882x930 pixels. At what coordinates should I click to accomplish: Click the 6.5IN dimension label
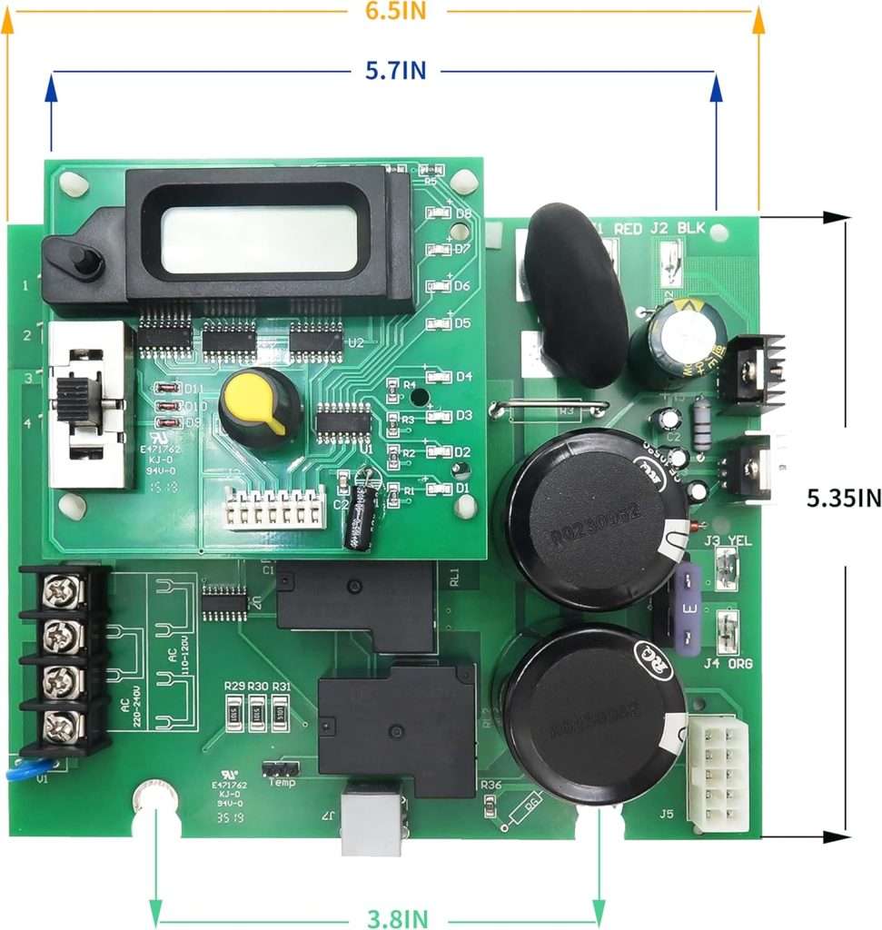(x=395, y=11)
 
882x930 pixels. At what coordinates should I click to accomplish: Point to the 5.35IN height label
(x=844, y=497)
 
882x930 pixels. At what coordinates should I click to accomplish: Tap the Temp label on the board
(x=282, y=782)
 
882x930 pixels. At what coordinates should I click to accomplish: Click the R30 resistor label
(x=257, y=686)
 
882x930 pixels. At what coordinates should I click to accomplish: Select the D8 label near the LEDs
(x=463, y=214)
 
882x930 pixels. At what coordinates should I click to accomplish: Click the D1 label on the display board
(x=463, y=488)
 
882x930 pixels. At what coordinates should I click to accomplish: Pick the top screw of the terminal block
(x=63, y=591)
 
